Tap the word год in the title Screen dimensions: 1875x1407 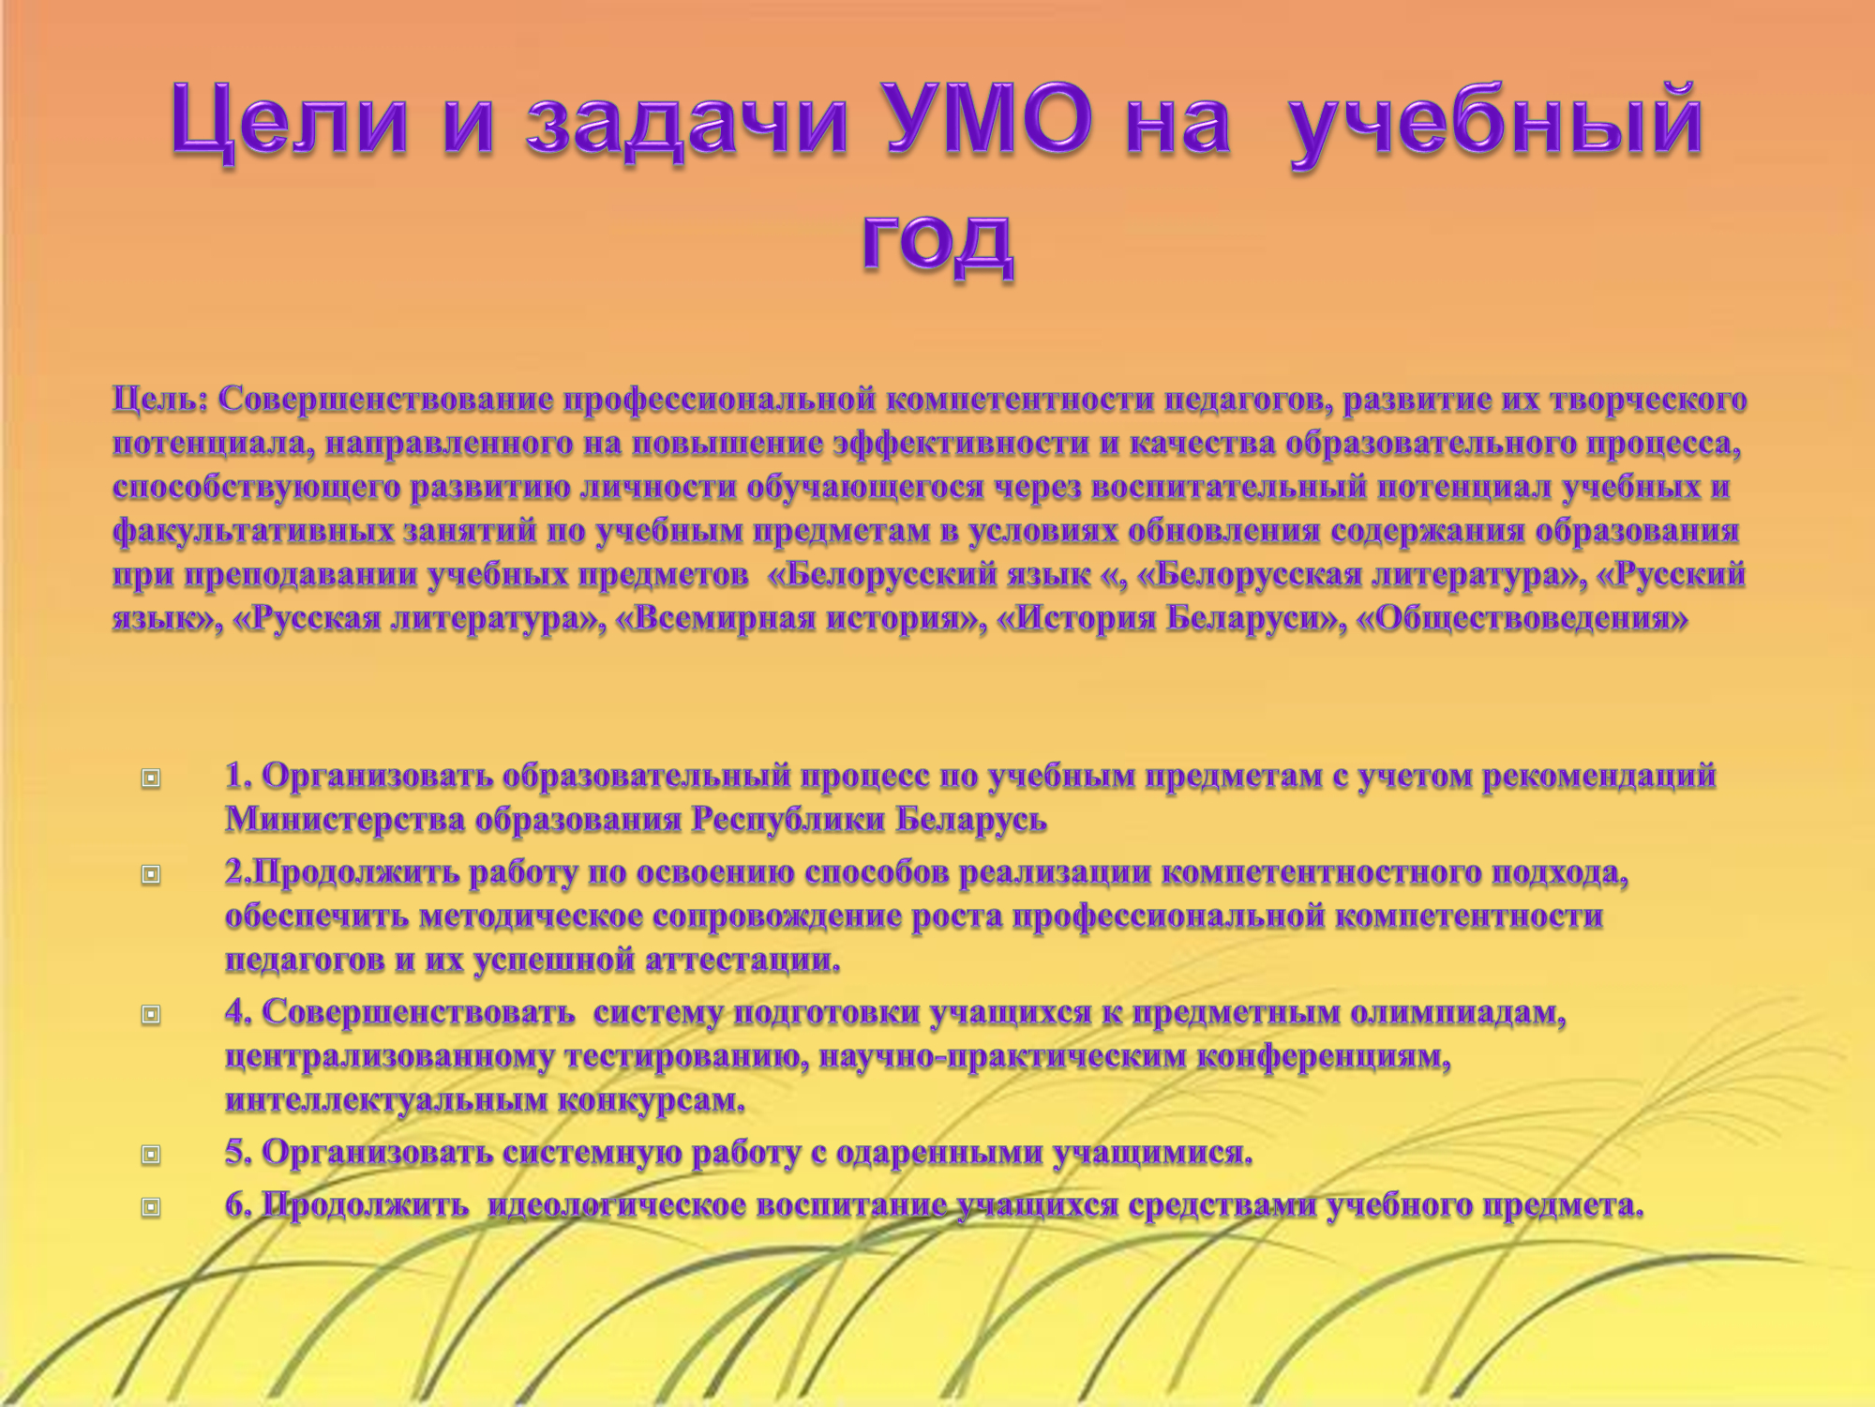point(937,242)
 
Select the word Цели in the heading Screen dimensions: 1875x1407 point(290,122)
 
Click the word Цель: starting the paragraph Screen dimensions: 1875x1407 point(160,400)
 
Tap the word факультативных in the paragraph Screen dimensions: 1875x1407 point(253,532)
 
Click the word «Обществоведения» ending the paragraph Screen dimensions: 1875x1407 point(1522,619)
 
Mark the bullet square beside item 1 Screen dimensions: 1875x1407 point(151,778)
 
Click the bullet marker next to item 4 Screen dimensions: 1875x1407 point(151,1014)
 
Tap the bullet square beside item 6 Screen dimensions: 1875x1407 point(151,1207)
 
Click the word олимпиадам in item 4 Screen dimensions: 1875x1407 point(1458,1014)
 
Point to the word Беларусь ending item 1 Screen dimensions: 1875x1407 point(970,820)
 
